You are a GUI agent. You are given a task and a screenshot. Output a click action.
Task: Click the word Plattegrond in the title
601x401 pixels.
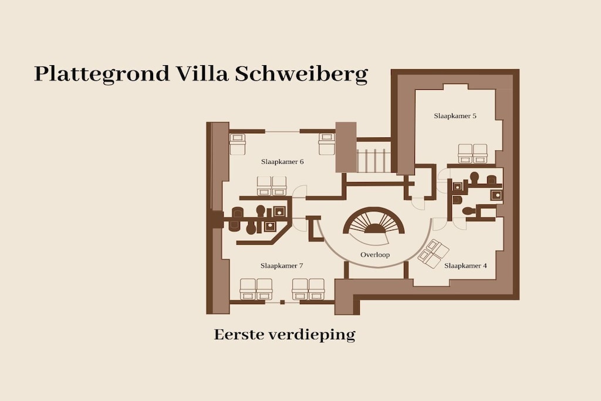pos(102,74)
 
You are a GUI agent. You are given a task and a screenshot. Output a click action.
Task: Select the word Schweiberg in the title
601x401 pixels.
pos(301,74)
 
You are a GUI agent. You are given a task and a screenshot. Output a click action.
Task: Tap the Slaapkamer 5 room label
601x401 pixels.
pos(455,116)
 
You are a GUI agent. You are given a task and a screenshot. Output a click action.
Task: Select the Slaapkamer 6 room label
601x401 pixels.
pos(282,162)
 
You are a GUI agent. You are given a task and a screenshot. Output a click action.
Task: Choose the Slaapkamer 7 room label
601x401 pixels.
pos(282,266)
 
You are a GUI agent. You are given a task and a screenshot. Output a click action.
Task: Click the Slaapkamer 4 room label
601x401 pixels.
pos(465,266)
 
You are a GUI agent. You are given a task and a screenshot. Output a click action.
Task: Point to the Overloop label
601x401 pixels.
pos(375,255)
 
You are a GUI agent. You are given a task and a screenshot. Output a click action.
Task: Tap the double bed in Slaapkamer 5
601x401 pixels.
pos(472,154)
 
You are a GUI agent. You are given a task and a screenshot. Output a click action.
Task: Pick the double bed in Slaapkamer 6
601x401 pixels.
pos(272,186)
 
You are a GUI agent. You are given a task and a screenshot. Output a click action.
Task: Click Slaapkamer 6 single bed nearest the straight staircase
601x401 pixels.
pos(326,144)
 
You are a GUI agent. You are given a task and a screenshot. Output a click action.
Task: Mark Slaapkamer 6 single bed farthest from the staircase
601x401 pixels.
pos(237,144)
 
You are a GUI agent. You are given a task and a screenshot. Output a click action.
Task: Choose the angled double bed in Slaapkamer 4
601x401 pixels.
pos(434,254)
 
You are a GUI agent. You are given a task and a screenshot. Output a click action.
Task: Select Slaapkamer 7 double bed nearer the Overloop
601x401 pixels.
pos(308,289)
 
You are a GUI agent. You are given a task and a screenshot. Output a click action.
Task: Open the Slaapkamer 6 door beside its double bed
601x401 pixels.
pos(299,191)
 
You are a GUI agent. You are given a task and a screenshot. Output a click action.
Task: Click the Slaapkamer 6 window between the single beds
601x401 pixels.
pos(282,132)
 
